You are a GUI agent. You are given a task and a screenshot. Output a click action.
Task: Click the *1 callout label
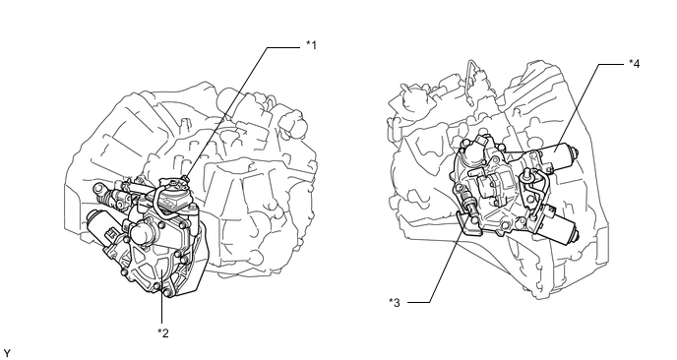311,45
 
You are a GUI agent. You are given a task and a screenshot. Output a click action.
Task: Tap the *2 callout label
162,332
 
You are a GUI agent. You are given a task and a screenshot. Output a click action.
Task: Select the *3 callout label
395,303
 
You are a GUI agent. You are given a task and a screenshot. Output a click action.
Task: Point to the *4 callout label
635,64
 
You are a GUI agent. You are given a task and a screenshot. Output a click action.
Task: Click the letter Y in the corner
7,353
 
